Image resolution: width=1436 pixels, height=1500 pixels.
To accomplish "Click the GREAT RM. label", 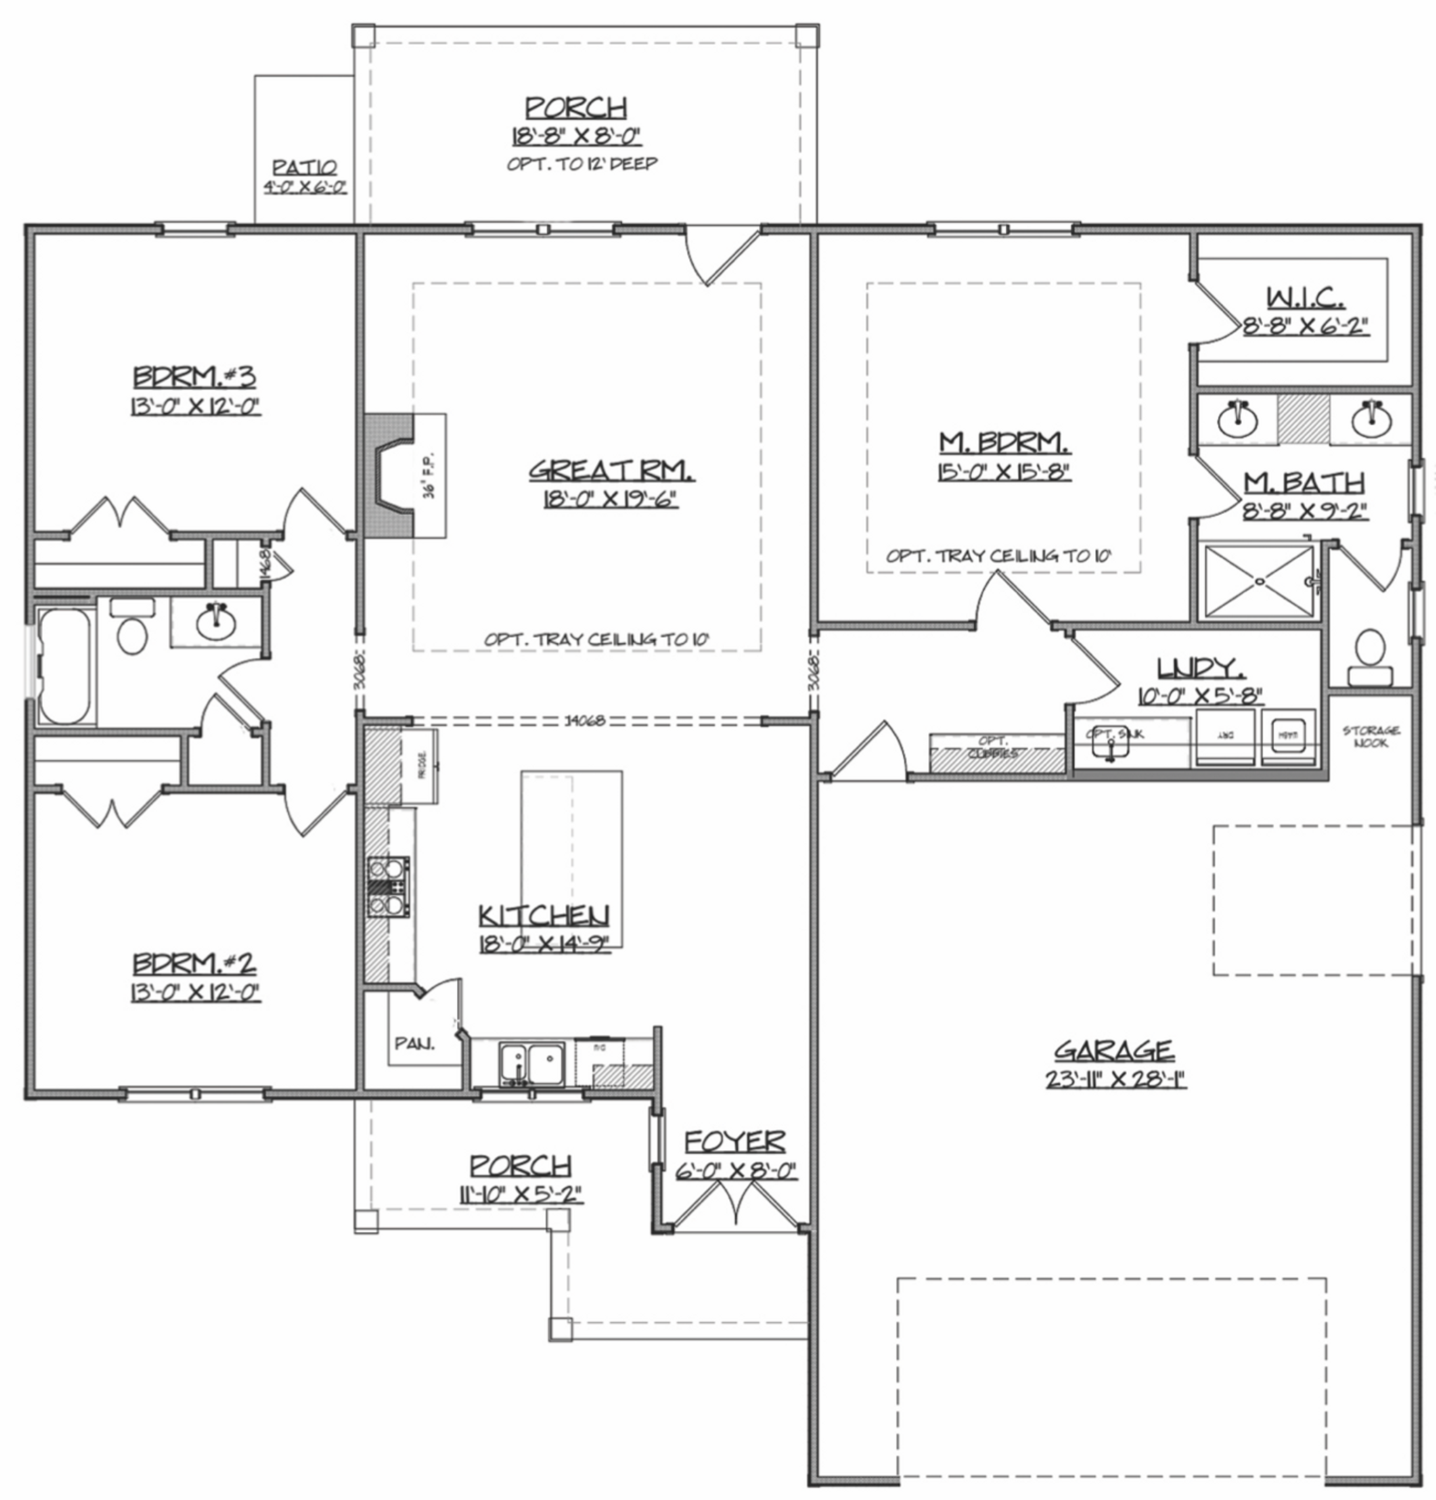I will (611, 470).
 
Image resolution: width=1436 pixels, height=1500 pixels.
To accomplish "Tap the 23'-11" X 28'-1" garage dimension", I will (1116, 1079).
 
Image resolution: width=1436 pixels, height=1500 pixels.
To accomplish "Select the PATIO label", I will (304, 168).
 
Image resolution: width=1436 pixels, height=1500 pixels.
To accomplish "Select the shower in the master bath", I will (1259, 581).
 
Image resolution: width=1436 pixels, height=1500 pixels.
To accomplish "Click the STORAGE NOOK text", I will (1370, 736).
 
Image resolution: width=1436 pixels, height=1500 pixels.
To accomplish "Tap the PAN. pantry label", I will (414, 1043).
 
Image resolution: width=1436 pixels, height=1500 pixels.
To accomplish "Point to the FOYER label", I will (734, 1142).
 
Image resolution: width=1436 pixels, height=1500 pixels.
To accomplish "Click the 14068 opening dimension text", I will (585, 720).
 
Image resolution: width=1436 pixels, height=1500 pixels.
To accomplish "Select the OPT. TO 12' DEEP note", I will (582, 164).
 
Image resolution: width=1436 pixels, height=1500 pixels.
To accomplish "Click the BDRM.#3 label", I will (194, 376).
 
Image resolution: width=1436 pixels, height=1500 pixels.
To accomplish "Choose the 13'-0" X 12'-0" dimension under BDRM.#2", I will (195, 993).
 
